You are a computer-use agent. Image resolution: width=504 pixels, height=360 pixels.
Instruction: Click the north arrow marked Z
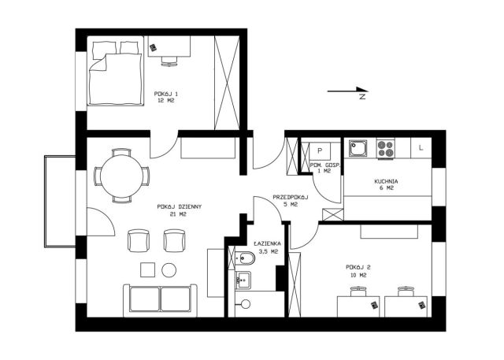point(347,91)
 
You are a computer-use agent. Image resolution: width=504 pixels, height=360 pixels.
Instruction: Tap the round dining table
point(121,176)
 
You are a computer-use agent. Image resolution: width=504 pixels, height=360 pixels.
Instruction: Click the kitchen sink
point(358,148)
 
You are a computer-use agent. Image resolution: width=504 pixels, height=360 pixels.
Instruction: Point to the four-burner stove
point(385,149)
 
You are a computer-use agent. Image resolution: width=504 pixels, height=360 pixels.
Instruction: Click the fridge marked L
point(421,148)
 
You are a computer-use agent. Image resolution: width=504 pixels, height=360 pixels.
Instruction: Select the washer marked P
point(320,150)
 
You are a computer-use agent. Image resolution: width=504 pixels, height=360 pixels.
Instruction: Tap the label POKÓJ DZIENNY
point(179,206)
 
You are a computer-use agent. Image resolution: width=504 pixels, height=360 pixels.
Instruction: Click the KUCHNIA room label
point(386,181)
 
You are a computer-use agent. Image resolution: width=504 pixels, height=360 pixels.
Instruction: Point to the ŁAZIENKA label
point(267,244)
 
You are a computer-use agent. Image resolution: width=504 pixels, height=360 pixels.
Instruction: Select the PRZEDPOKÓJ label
point(291,198)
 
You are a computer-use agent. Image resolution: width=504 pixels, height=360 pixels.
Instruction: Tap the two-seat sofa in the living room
point(160,299)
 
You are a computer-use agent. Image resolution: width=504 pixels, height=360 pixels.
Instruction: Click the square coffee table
point(148,270)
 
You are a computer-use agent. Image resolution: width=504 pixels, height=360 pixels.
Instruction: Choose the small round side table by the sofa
point(169,270)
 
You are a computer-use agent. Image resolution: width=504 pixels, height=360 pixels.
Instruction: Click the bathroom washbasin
point(243,280)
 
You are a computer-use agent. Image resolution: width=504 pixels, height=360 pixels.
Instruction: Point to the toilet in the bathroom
point(245,258)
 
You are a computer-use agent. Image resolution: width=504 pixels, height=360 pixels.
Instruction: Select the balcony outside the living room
point(60,201)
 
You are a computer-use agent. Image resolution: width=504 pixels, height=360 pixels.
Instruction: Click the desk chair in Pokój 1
point(169,61)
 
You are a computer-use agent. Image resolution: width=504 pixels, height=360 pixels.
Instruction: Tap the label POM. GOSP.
point(324,165)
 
